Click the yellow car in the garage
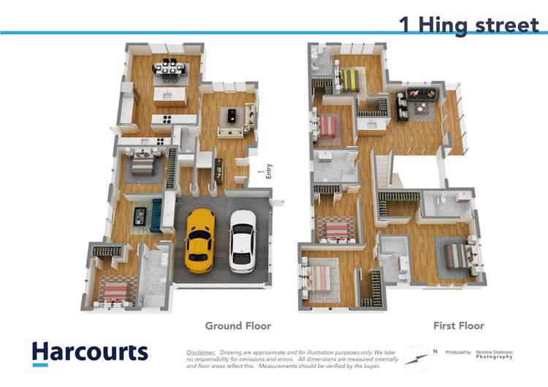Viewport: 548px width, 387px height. tap(199, 240)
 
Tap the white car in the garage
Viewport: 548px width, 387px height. tap(243, 240)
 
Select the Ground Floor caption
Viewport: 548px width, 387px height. tap(237, 326)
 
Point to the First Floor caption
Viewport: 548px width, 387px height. tap(459, 326)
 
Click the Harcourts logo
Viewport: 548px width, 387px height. tap(89, 353)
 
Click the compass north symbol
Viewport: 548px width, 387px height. tap(418, 357)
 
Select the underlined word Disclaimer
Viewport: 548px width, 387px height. tap(201, 352)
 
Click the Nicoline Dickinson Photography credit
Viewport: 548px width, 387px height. tap(495, 354)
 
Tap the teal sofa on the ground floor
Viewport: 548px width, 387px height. tap(154, 216)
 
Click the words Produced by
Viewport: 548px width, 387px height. tap(458, 352)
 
